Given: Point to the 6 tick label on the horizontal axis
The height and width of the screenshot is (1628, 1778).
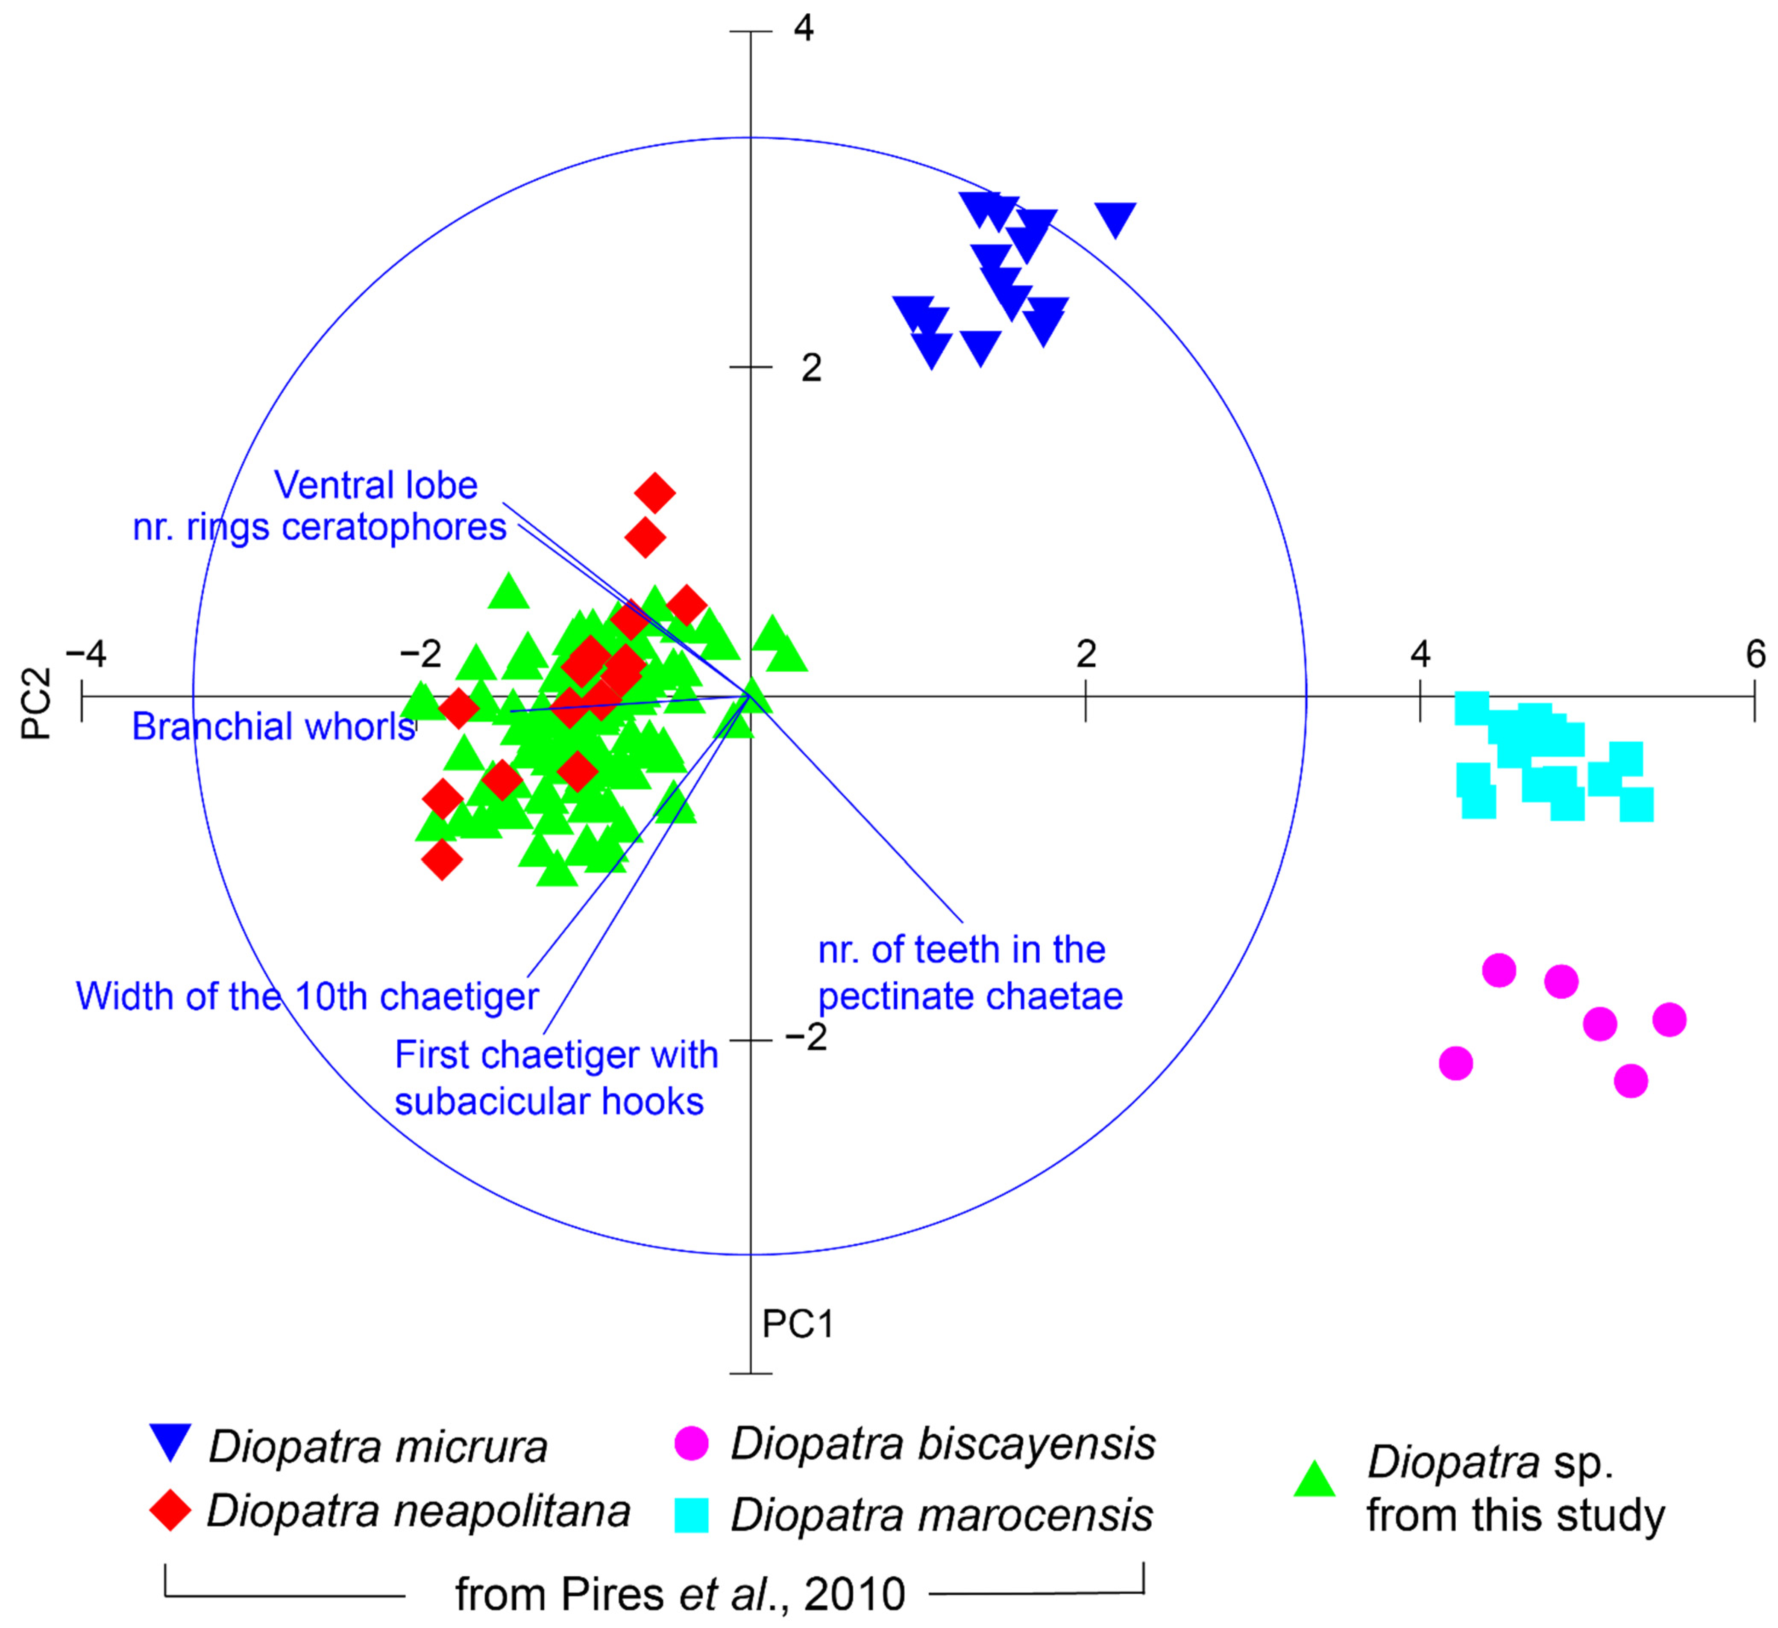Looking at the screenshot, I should click(x=1755, y=654).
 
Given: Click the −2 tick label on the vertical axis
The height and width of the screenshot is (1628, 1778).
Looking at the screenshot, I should click(x=806, y=1037).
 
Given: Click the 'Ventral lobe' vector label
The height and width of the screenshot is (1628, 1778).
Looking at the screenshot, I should click(x=376, y=485).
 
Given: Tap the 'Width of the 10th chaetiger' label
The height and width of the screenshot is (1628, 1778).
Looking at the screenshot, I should click(x=307, y=996).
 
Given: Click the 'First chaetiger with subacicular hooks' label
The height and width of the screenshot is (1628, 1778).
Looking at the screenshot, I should click(x=556, y=1077).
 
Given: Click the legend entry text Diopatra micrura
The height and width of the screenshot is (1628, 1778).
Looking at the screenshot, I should click(x=378, y=1447).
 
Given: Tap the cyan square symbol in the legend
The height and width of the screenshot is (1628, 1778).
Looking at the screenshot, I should click(x=692, y=1514).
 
